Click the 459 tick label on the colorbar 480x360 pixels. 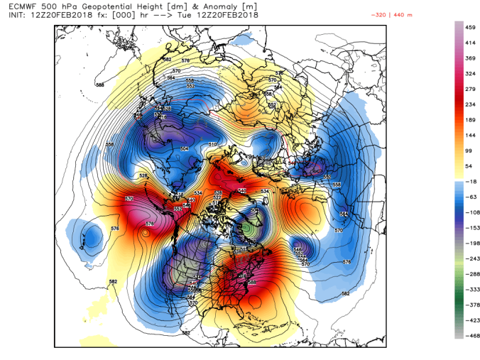[469, 27]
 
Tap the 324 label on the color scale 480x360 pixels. [469, 73]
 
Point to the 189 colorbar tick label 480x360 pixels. [469, 119]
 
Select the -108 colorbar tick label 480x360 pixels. [469, 212]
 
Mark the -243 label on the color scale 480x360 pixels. [469, 258]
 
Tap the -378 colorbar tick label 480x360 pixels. [469, 304]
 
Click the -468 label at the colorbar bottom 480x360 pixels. [469, 334]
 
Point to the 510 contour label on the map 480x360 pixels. [212, 145]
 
